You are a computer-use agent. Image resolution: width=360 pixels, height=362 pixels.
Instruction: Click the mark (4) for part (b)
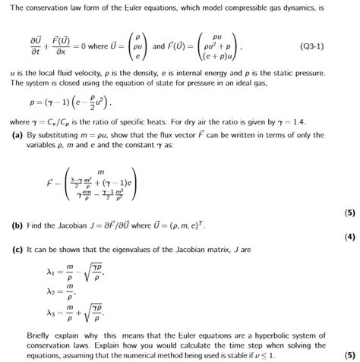click(349, 236)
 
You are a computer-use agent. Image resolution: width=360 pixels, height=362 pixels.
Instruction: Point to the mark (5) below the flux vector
click(349, 212)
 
